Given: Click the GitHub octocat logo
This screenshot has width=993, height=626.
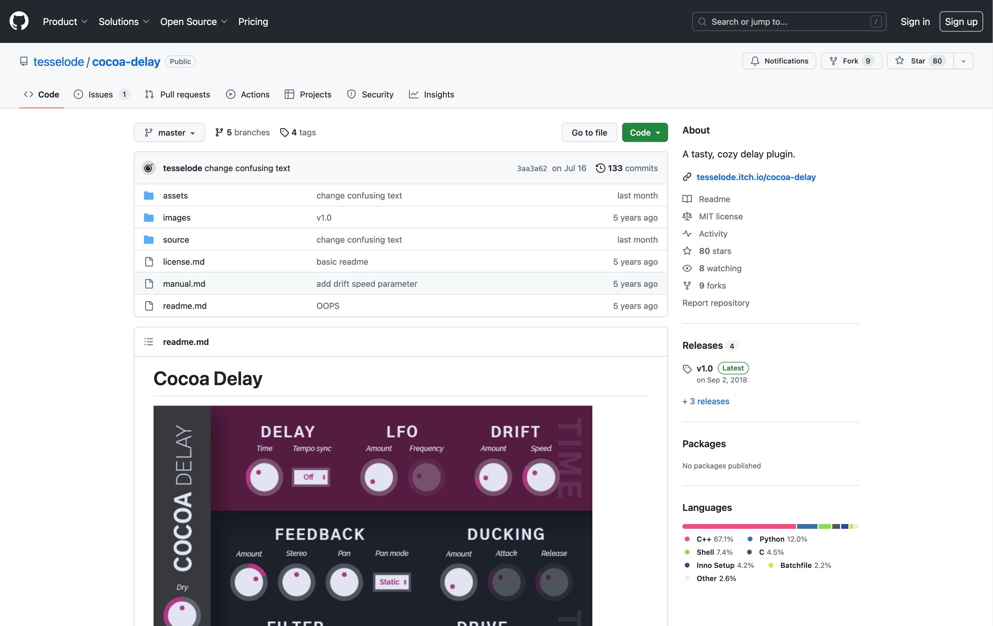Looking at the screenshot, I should coord(19,21).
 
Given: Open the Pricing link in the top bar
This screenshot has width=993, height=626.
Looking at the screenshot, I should coord(253,21).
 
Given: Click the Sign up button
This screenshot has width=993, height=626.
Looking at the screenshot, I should coord(961,21).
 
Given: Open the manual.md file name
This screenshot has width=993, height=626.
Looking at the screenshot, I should coord(184,284).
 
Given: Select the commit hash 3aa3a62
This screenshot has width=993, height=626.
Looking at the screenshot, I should coord(532,168).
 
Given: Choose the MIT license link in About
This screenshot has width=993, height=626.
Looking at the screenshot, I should coord(721,216).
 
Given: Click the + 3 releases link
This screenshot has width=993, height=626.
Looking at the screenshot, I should coord(706,401).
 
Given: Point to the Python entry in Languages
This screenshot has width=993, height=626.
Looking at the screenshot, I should coord(777,539).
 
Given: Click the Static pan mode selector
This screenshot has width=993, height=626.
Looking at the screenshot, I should coord(391,582).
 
